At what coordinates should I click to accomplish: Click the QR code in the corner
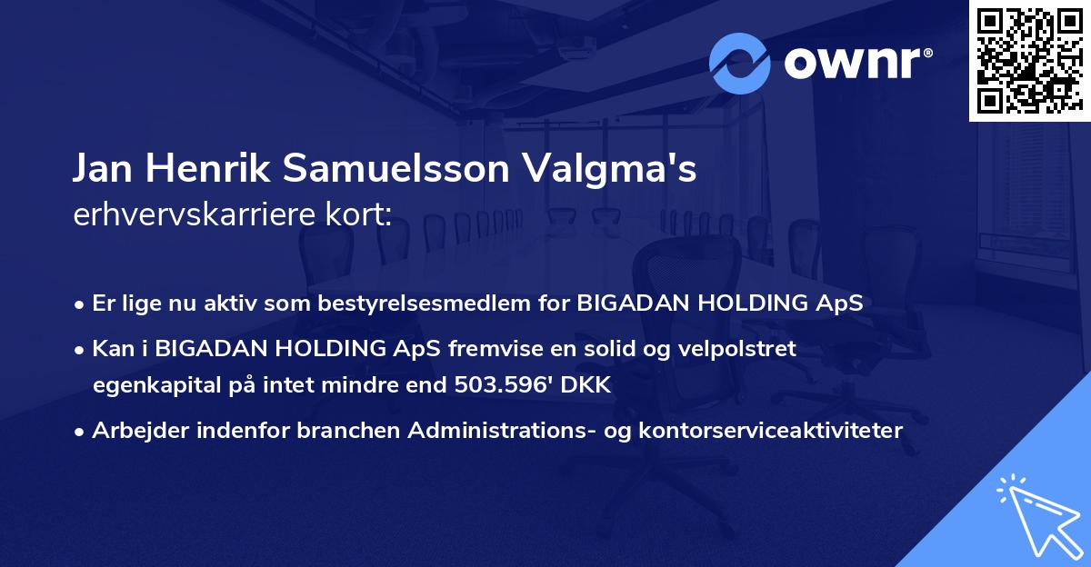(1028, 60)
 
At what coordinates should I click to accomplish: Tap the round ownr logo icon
(740, 63)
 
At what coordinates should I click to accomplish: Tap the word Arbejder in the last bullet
(133, 431)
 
